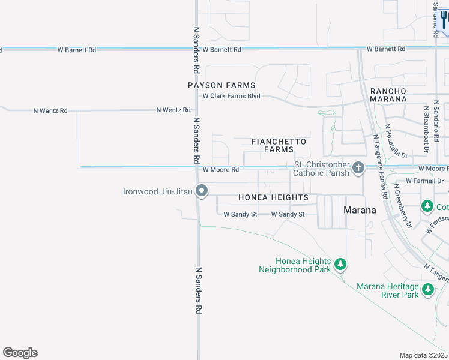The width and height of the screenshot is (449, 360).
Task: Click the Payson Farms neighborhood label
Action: click(x=221, y=85)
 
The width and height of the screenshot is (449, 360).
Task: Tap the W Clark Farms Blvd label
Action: click(x=231, y=96)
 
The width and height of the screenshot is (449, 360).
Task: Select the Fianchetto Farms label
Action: click(x=279, y=145)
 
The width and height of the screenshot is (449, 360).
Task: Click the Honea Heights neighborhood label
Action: click(x=273, y=197)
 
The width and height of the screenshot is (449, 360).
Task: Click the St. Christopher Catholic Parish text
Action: click(x=321, y=169)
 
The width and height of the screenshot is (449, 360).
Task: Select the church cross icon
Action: click(x=358, y=167)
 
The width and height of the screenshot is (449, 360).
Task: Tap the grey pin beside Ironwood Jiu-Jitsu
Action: click(x=202, y=191)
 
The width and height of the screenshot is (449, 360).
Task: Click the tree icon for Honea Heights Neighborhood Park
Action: click(x=340, y=264)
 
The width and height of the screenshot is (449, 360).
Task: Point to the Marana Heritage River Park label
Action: click(x=387, y=290)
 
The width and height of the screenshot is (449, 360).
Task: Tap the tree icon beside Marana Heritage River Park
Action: click(x=427, y=290)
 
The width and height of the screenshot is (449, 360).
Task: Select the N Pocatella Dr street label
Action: click(x=396, y=142)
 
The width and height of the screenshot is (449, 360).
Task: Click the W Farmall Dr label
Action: click(x=424, y=181)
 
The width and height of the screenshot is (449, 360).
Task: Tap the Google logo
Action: click(x=20, y=353)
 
